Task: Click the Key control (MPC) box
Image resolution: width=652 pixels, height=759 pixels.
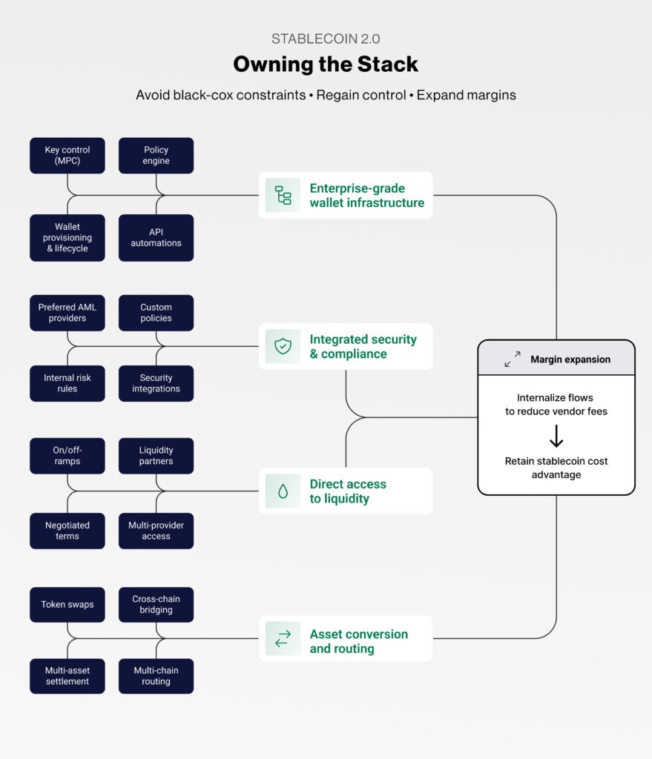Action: coord(67,156)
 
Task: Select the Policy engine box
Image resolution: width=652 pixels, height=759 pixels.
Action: coord(156,156)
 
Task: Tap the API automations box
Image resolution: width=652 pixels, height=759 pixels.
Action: coord(156,238)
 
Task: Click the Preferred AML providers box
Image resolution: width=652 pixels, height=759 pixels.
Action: coord(67,313)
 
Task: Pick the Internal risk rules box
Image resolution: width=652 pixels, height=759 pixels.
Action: coord(67,383)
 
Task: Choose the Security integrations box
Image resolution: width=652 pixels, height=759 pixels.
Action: coord(156,383)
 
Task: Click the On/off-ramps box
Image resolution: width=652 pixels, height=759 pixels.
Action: coord(67,456)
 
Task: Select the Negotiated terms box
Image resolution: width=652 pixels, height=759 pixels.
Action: coord(67,531)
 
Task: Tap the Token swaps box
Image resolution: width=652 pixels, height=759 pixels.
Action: coord(67,605)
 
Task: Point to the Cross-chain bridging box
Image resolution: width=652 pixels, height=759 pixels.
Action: coord(156,605)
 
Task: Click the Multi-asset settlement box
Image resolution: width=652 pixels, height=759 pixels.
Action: coord(67,676)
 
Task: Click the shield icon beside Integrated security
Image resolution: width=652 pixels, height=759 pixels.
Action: coord(283,346)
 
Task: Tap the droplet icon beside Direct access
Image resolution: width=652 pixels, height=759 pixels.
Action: coord(283,491)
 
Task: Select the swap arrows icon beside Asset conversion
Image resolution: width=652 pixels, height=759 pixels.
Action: coord(283,639)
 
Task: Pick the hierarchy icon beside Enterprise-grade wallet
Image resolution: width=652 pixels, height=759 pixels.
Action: coord(283,195)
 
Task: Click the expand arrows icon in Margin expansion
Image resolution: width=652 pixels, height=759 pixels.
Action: coord(513,359)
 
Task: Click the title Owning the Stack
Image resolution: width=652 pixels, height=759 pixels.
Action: coord(326,64)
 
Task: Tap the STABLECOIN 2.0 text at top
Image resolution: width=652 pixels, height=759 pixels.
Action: coord(326,39)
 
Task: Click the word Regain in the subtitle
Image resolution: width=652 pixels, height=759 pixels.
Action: coord(339,96)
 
